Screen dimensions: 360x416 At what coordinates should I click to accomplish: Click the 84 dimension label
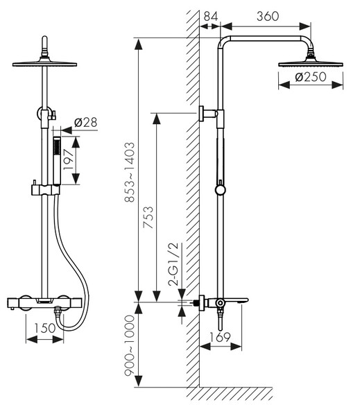pos(211,16)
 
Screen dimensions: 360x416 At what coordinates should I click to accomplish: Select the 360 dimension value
pos(268,16)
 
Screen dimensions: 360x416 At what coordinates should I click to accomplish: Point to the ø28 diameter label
pos(86,122)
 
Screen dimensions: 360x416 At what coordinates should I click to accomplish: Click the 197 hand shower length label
pos(68,160)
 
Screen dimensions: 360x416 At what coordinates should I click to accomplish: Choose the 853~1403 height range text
pos(130,172)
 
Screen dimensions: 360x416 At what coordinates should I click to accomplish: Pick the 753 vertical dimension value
pos(148,217)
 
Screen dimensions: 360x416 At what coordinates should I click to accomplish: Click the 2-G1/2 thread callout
pos(174,264)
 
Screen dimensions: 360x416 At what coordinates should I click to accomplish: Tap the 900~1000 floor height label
pos(130,345)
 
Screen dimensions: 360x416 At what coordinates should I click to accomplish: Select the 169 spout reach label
pos(220,337)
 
